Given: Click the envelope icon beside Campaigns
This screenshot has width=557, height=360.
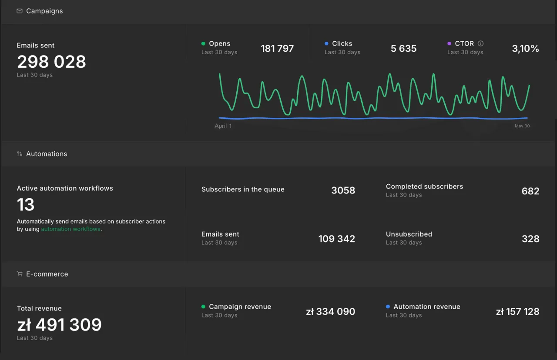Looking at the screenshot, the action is (20, 11).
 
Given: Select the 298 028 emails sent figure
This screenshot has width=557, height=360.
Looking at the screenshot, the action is (51, 62).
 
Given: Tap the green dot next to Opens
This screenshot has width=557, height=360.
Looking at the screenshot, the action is (203, 43).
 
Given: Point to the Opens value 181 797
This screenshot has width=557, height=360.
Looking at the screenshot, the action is (277, 48).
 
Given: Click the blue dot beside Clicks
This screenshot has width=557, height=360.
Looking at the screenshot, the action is (326, 43).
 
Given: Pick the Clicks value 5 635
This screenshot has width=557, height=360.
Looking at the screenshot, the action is (403, 48).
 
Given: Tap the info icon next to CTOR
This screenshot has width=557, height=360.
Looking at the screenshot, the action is (481, 43).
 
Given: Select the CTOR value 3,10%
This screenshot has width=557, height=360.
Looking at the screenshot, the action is (525, 48).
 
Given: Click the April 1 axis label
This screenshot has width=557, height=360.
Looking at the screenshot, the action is (223, 126).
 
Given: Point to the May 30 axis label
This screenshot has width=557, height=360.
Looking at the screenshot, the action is (522, 126).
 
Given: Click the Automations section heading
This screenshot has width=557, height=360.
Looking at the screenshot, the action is (47, 154).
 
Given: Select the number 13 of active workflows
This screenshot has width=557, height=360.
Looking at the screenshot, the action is (26, 205).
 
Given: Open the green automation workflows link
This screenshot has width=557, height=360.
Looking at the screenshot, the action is (70, 229).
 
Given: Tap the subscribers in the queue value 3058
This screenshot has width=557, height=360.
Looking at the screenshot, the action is (343, 190).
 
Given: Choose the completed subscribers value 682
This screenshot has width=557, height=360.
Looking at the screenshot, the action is (530, 191).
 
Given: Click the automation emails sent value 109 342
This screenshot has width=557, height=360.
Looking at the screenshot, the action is (337, 239).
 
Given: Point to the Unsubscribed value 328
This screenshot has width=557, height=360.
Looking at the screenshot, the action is (530, 239).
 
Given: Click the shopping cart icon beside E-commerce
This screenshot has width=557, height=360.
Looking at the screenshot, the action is (20, 274).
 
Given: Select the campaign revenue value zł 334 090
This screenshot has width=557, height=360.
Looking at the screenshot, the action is (330, 312).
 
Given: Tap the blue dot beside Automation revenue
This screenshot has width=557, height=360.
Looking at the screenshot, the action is (388, 307).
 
